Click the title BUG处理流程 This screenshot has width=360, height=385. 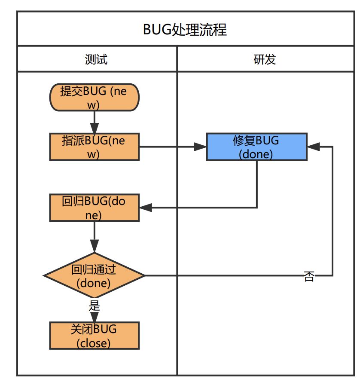[184, 30]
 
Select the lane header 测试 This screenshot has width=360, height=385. [96, 59]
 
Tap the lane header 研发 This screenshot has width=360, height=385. [264, 59]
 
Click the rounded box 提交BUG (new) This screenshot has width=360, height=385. [95, 98]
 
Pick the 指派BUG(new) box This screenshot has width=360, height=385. [95, 147]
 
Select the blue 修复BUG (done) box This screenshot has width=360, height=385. [256, 147]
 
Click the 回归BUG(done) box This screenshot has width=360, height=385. [95, 208]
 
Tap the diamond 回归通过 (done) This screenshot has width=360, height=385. [94, 276]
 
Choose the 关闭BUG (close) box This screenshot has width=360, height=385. [95, 336]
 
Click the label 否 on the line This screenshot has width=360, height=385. [309, 276]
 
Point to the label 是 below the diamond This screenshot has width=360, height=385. [94, 306]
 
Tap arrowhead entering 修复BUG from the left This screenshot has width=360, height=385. [200, 147]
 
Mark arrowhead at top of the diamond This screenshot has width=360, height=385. [94, 247]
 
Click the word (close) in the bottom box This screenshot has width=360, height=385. [94, 342]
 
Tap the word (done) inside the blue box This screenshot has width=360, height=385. [256, 154]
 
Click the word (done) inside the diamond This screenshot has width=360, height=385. [94, 283]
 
